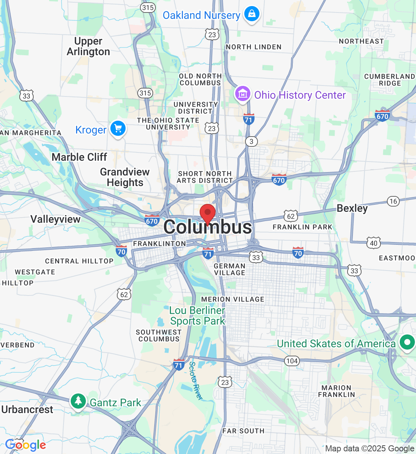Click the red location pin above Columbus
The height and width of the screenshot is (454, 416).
coord(208,213)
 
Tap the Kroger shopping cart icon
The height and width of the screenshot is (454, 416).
coord(118,129)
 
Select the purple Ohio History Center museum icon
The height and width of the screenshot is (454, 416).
coord(243,93)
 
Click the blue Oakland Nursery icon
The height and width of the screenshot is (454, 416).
coord(252,14)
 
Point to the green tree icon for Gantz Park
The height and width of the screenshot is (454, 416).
coord(78,401)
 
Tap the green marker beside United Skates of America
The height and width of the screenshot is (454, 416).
coord(407,342)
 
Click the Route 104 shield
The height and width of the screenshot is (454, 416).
coord(292,361)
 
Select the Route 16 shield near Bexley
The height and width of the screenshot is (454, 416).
coord(393,201)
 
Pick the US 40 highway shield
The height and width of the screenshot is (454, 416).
coord(374,243)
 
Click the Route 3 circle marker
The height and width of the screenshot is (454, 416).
coord(251,141)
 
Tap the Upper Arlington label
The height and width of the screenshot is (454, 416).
coord(88,47)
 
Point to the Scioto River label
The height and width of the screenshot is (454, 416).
coord(195,380)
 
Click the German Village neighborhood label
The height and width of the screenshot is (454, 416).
coord(230,269)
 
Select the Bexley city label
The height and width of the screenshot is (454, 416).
coord(352,208)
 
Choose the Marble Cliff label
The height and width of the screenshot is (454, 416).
coord(79,157)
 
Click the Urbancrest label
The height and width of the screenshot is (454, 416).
coord(27,410)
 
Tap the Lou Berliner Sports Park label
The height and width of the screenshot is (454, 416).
coord(197,316)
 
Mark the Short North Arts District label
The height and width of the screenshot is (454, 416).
coord(205,177)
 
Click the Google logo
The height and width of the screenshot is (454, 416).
coord(25,445)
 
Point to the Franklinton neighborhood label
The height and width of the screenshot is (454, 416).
coord(159,244)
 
